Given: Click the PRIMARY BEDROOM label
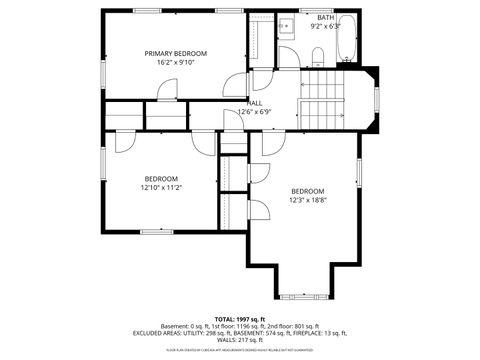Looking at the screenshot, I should (x=175, y=53).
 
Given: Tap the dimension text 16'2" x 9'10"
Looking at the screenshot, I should (x=175, y=62).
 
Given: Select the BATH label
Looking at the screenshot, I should (x=326, y=18).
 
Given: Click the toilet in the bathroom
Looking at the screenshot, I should (x=317, y=54).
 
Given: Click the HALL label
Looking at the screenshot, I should (x=256, y=103).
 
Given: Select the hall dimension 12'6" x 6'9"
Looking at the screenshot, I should (x=256, y=112).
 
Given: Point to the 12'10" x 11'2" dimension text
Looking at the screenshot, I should (x=160, y=187).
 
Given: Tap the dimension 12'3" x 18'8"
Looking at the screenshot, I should (x=308, y=199).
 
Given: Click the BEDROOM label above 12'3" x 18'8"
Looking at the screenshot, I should (x=308, y=190).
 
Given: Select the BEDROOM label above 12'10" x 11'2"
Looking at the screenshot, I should (x=160, y=178).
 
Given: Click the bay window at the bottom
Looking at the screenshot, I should (x=305, y=296).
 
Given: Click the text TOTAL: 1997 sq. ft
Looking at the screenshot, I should (x=240, y=317).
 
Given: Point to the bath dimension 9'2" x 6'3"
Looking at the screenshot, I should (x=326, y=27).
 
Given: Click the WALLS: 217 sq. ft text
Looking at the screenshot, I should (x=240, y=339).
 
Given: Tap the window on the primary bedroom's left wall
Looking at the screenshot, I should (x=103, y=72).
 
